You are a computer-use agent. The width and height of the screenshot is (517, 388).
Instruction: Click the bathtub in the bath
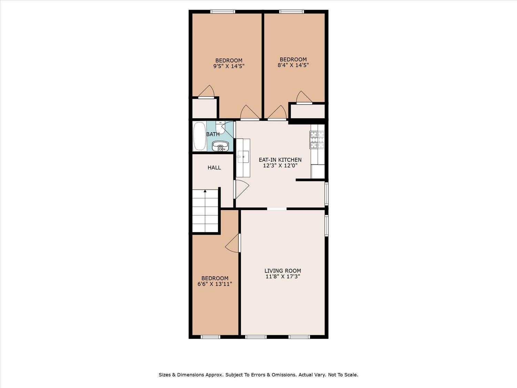(x=199, y=136)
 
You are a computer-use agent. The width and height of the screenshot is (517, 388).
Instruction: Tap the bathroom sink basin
(x=219, y=146)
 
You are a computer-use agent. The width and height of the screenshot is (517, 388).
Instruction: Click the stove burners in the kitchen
(x=317, y=140)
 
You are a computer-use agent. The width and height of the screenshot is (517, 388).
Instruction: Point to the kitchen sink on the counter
(x=243, y=157)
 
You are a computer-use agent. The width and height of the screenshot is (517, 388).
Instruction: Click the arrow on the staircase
(x=205, y=191)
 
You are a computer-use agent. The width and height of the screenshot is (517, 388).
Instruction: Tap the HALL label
(x=214, y=168)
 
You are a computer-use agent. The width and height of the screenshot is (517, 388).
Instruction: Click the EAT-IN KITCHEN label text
(x=280, y=160)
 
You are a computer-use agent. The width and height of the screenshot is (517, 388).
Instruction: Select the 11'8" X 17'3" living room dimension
(x=283, y=277)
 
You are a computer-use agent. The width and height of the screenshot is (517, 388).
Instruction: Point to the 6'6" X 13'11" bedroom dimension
(x=215, y=284)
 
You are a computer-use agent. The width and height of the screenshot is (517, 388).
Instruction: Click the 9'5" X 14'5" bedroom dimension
(x=229, y=66)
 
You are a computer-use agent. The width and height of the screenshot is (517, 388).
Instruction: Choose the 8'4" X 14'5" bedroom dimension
(x=293, y=65)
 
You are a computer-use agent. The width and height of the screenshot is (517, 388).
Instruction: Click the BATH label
(x=213, y=134)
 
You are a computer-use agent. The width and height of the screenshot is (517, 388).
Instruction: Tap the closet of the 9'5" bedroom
(x=204, y=109)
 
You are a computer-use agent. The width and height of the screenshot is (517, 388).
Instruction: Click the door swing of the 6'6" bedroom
(x=233, y=243)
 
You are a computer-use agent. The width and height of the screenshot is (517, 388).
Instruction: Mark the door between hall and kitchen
(x=241, y=189)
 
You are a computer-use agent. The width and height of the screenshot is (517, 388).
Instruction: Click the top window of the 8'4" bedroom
(x=292, y=12)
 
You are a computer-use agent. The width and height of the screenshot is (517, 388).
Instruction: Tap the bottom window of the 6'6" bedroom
(x=210, y=337)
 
